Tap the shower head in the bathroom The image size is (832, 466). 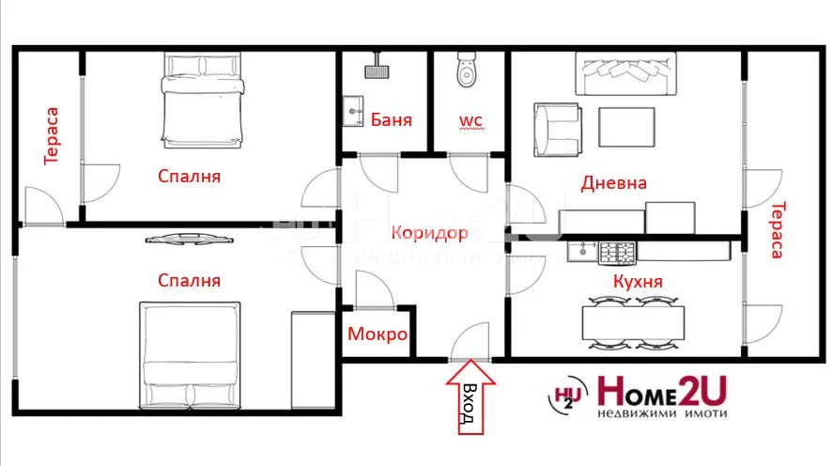click(x=377, y=70)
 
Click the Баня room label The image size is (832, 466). click(x=391, y=120)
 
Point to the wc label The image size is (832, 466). click(x=470, y=120)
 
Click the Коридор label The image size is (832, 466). click(x=429, y=231)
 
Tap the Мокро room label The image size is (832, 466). click(x=377, y=334)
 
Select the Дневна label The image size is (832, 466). click(x=613, y=183)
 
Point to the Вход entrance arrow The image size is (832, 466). click(x=467, y=402)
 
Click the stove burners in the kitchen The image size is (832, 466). click(x=618, y=252)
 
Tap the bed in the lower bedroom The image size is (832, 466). click(x=192, y=354)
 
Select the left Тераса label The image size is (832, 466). click(x=53, y=136)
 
